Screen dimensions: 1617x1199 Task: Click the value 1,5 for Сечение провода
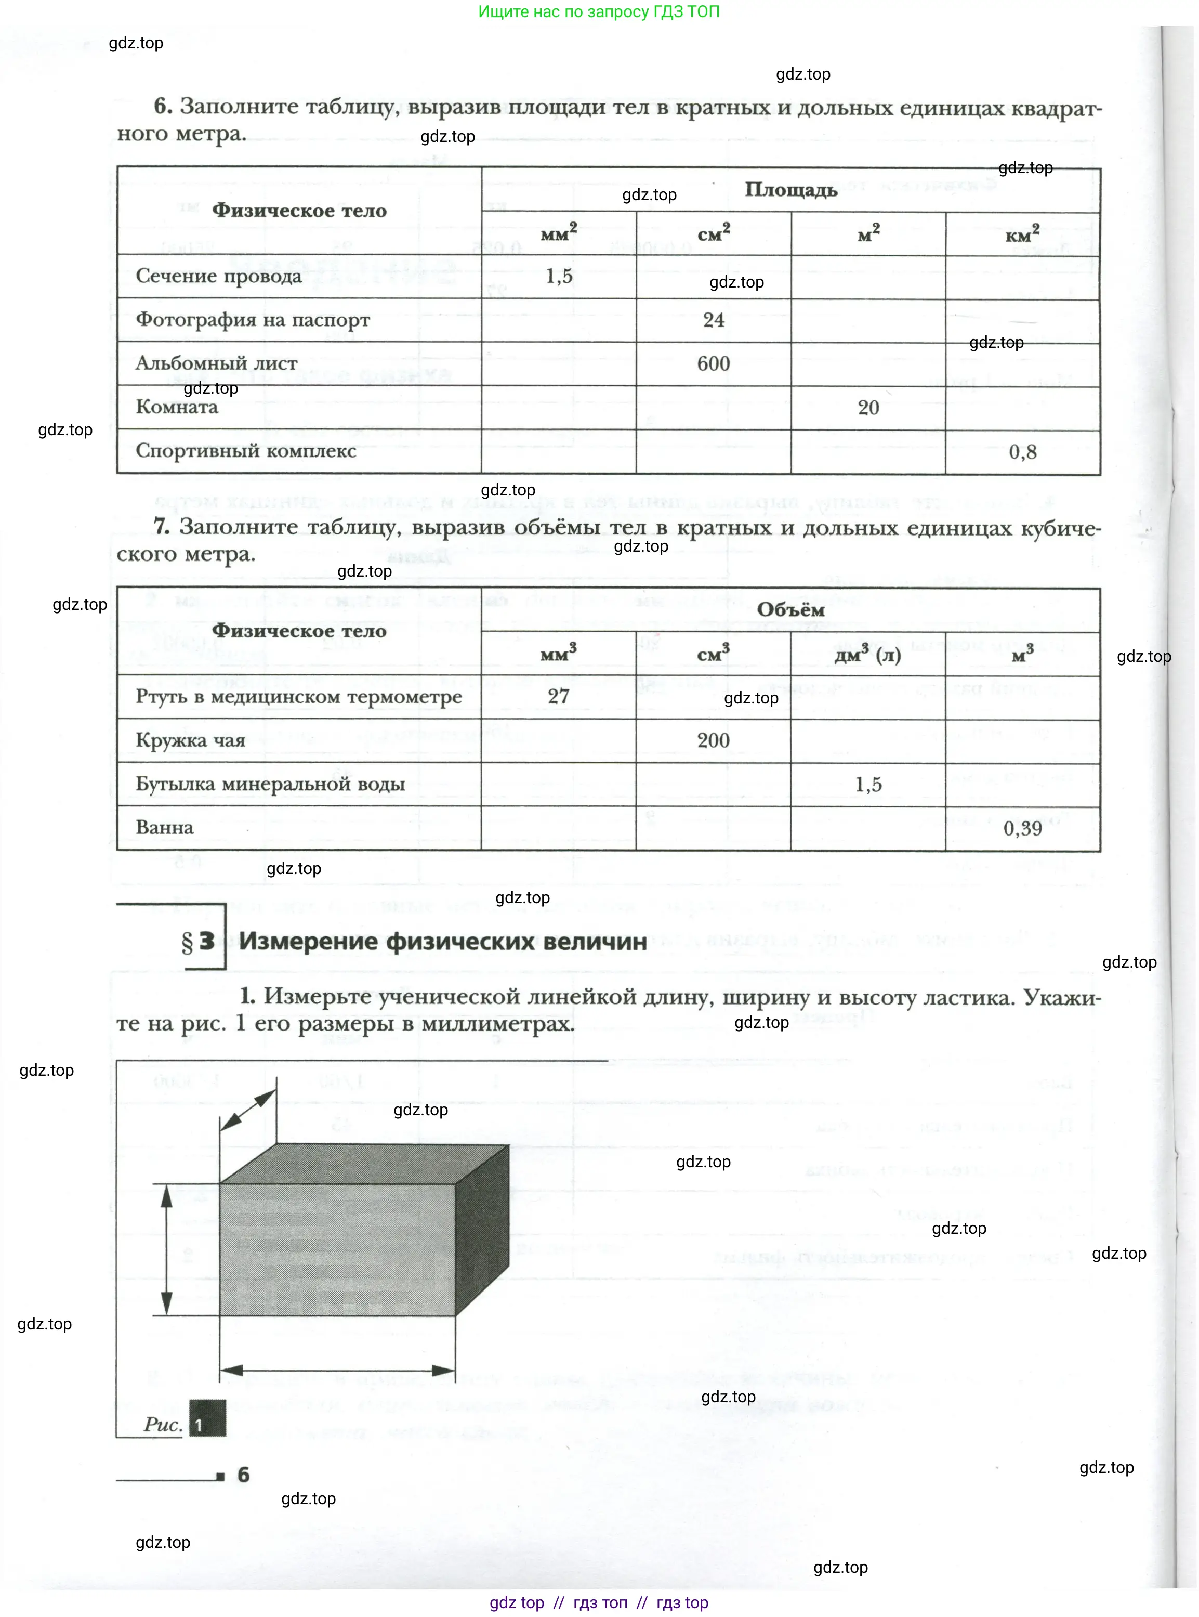click(x=559, y=276)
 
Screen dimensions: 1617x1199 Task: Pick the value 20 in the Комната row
click(x=868, y=407)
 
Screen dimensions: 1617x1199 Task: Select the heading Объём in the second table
click(x=790, y=609)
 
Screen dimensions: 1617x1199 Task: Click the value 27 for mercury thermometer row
click(x=558, y=696)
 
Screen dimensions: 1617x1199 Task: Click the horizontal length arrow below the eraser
click(x=337, y=1371)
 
